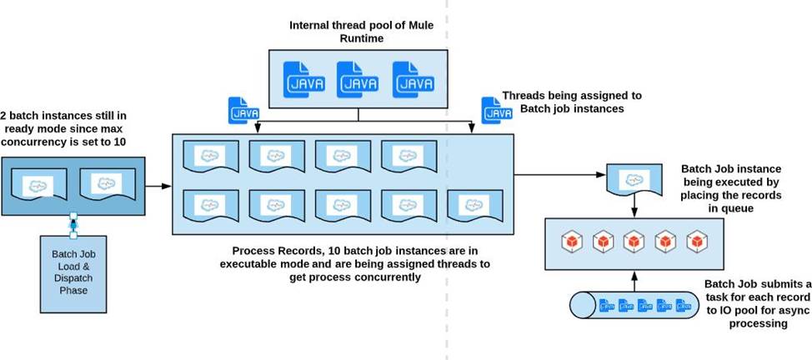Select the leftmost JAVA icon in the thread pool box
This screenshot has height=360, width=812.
(x=300, y=77)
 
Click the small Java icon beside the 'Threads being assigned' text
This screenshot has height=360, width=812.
(x=492, y=110)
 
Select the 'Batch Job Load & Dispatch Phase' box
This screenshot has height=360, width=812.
(x=73, y=272)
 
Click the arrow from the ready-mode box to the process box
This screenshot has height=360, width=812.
(x=158, y=187)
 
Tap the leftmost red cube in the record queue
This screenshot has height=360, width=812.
(x=571, y=242)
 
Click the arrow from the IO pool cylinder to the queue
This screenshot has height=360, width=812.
(x=636, y=278)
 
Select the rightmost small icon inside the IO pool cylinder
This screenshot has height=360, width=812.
(x=683, y=307)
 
